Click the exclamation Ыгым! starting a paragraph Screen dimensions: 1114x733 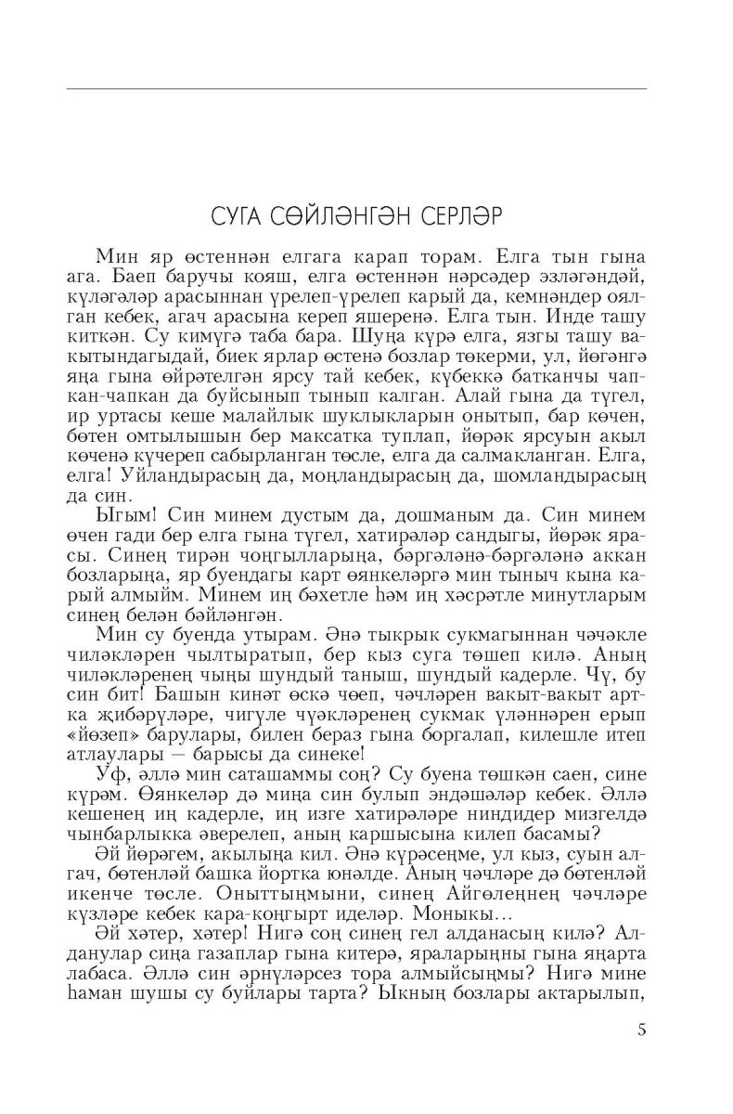tap(121, 513)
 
